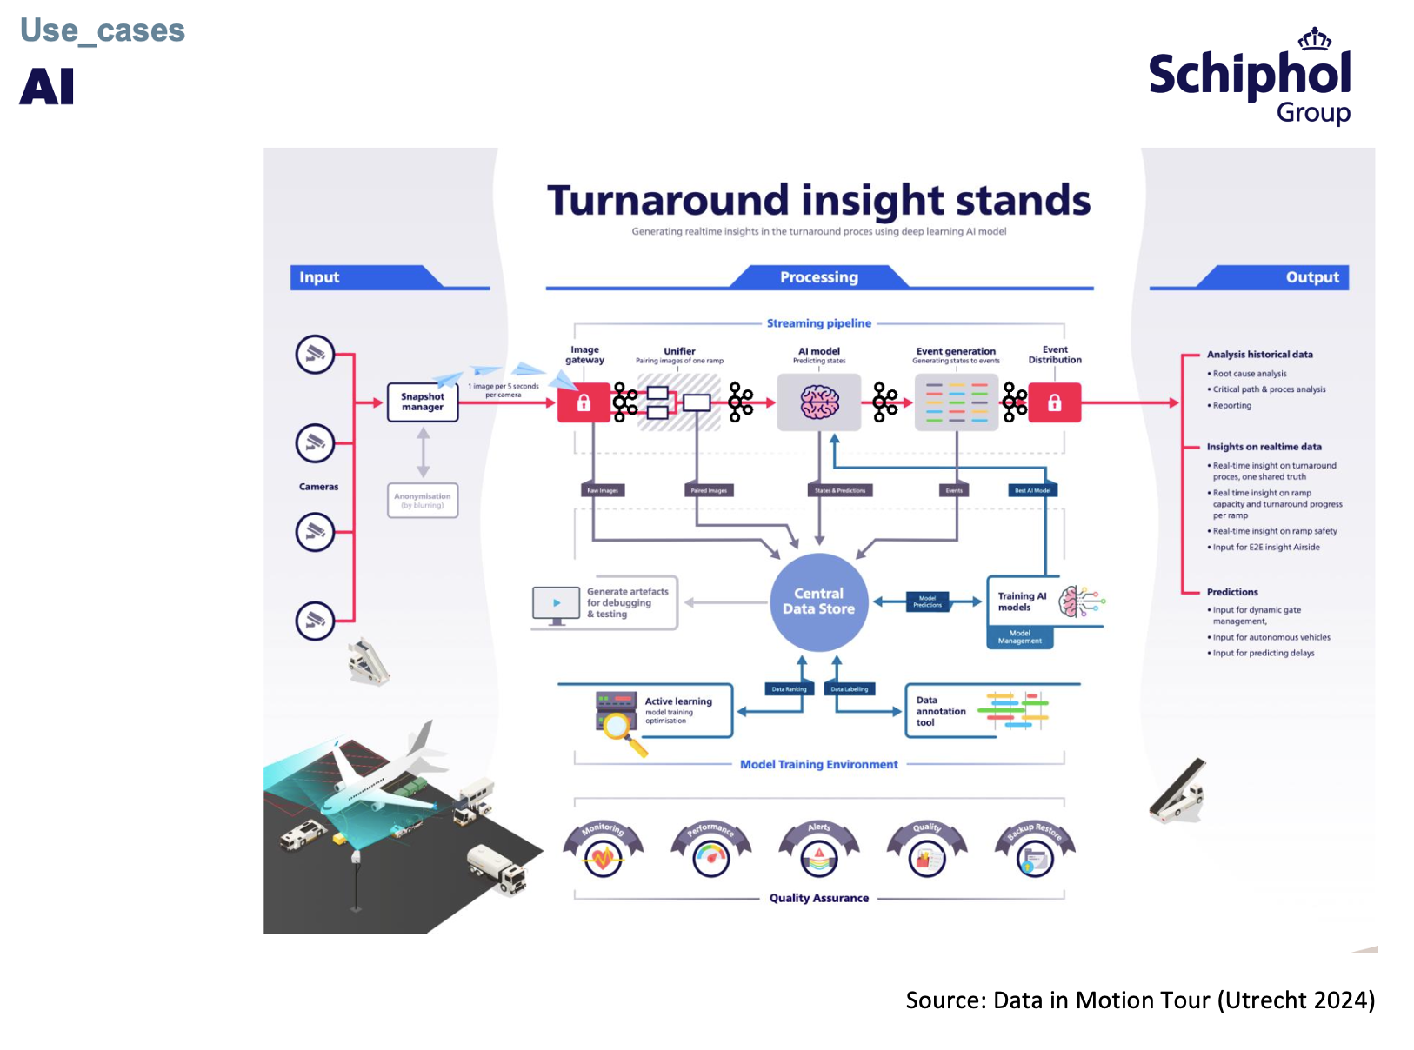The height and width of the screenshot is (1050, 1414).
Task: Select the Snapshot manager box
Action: pos(423,402)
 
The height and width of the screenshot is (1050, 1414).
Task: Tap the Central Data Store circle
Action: pos(818,601)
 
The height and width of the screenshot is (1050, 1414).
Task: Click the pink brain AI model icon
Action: pos(819,402)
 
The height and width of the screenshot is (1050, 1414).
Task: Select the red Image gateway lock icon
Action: pos(584,402)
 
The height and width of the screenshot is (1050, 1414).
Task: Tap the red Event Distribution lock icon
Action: pos(1054,402)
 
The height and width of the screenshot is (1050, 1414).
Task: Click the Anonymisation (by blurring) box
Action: pos(423,501)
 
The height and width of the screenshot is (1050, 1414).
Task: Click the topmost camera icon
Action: pos(315,355)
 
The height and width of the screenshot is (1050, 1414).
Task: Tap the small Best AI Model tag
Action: pos(1032,490)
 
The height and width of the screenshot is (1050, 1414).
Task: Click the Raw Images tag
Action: pos(602,490)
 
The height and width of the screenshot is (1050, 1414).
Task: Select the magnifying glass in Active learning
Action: pos(620,728)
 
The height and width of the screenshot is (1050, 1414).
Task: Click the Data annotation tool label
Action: pos(940,711)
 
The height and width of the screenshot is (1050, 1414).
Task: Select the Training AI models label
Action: pos(1022,601)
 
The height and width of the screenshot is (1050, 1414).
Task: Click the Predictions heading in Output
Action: pos(1231,592)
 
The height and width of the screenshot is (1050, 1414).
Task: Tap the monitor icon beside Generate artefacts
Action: pos(556,604)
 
